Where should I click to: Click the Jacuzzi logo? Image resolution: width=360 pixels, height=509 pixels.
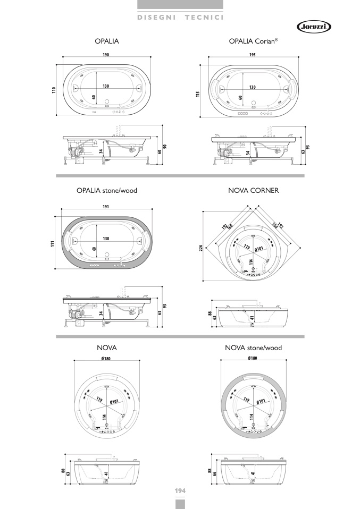coord(314,27)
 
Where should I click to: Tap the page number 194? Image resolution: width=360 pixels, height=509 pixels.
coord(180,491)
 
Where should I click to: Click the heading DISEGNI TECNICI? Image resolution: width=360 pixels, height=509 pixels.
coord(180,17)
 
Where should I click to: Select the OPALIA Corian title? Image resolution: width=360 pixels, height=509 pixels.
coord(254,41)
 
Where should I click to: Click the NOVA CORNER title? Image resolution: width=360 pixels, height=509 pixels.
coord(254,191)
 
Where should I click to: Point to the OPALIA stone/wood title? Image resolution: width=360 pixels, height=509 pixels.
coord(107,191)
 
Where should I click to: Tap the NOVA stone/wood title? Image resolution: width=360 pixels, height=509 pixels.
coord(254,348)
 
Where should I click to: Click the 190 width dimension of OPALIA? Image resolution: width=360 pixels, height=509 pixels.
coord(106,55)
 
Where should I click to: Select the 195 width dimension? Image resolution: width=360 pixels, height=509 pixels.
coord(253,55)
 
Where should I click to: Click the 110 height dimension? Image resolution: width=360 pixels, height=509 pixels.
coord(54,90)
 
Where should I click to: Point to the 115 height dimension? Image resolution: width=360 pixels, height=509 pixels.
coord(198,94)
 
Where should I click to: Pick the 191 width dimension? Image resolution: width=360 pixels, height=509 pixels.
coord(106,207)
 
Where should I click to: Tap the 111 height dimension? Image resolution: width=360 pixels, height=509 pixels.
coord(53,243)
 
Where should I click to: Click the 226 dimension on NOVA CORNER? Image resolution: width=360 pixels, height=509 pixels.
coord(201,248)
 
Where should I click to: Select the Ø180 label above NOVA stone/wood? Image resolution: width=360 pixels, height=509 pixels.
coord(253,358)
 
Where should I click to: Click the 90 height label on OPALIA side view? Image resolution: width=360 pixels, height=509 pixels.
coord(165,147)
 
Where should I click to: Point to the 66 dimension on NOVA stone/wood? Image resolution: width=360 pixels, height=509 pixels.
coord(215,473)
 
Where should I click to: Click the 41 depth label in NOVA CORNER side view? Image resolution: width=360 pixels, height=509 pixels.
coord(253,318)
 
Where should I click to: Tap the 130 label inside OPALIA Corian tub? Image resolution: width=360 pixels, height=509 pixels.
coord(253,87)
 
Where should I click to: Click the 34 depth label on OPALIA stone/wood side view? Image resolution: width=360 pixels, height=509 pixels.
coord(101,313)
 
